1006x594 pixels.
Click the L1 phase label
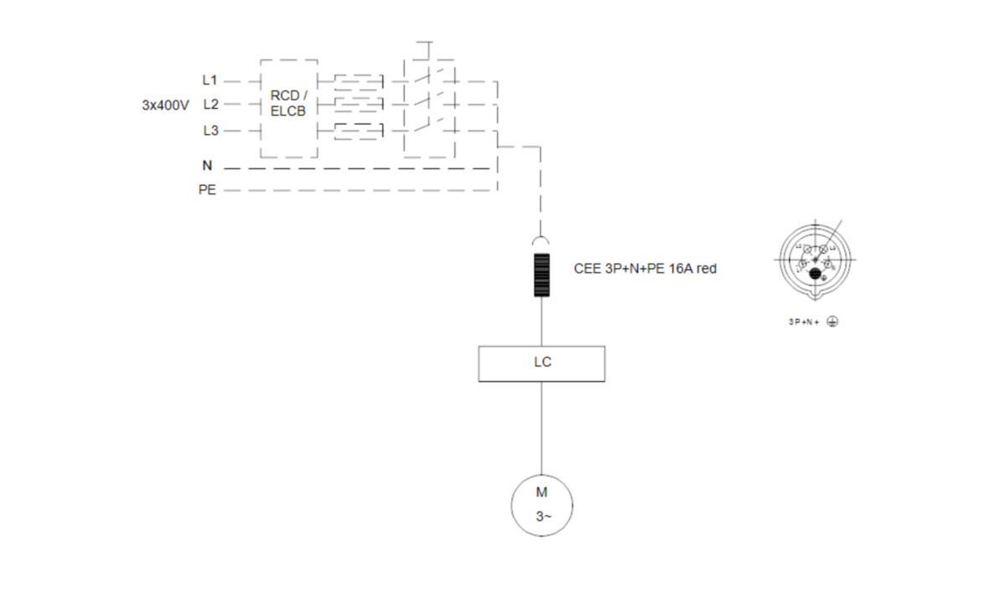pyautogui.click(x=210, y=80)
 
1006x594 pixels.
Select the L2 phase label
pyautogui.click(x=210, y=105)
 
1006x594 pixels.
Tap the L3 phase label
pyautogui.click(x=210, y=131)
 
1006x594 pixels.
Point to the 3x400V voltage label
pyautogui.click(x=165, y=106)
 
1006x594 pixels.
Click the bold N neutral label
pyautogui.click(x=207, y=166)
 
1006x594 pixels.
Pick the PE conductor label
pyautogui.click(x=207, y=190)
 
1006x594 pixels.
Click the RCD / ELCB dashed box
pyautogui.click(x=288, y=107)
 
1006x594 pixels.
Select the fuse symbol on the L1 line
pyautogui.click(x=359, y=82)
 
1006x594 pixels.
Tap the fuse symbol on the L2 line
pyautogui.click(x=359, y=106)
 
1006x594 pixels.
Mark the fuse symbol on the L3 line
pyautogui.click(x=359, y=131)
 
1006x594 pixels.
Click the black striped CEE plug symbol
pyautogui.click(x=541, y=274)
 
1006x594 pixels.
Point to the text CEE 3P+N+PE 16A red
pyautogui.click(x=645, y=269)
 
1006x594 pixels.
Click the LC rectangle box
pyautogui.click(x=542, y=364)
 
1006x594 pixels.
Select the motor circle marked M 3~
pyautogui.click(x=542, y=504)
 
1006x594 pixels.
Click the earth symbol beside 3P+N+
pyautogui.click(x=832, y=322)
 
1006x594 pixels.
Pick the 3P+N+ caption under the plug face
pyautogui.click(x=803, y=322)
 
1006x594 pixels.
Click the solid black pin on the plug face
pyautogui.click(x=815, y=271)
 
